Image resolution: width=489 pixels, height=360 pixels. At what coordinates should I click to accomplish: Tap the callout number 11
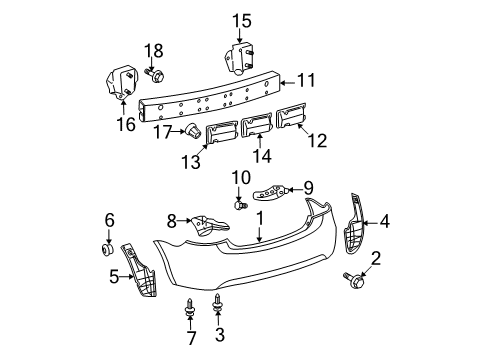click(309, 79)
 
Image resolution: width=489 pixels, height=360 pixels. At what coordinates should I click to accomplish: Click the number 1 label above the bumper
click(259, 245)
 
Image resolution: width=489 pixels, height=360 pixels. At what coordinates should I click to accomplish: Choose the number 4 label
click(384, 223)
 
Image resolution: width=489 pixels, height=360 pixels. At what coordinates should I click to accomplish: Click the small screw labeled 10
click(240, 206)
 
